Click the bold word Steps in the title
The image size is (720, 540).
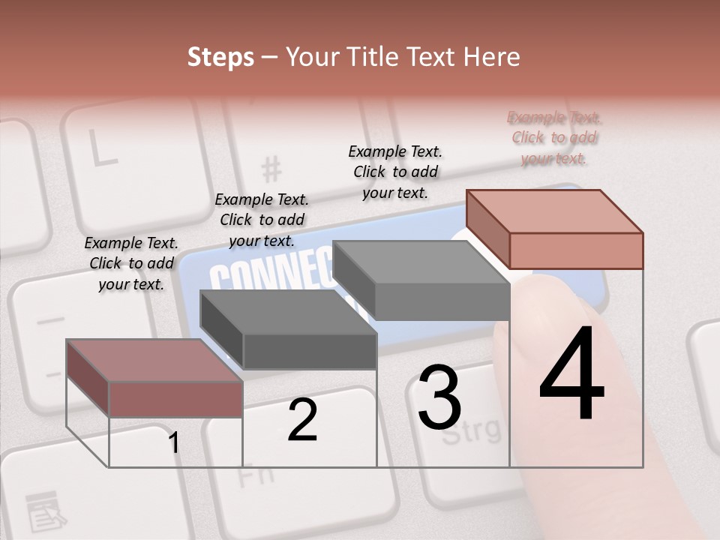tap(220, 57)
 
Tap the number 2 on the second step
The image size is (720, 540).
tap(302, 420)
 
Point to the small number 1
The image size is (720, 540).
tap(173, 443)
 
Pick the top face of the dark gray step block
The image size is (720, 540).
tap(288, 312)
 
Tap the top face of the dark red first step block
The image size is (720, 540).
tap(154, 361)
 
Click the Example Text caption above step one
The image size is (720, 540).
tap(131, 263)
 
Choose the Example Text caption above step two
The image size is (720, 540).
tap(262, 220)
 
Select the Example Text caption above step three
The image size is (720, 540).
tap(395, 172)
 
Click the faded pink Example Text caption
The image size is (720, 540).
tap(554, 137)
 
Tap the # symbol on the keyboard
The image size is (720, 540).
tap(271, 169)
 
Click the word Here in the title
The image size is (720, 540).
tap(490, 57)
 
